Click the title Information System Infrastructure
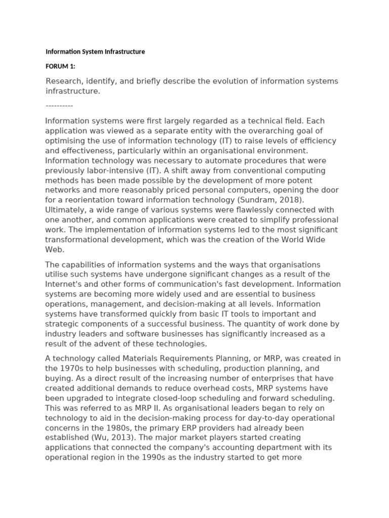tap(95, 52)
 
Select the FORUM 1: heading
tap(60, 66)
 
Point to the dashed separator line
tap(59, 105)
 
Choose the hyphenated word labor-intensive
tap(116, 170)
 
